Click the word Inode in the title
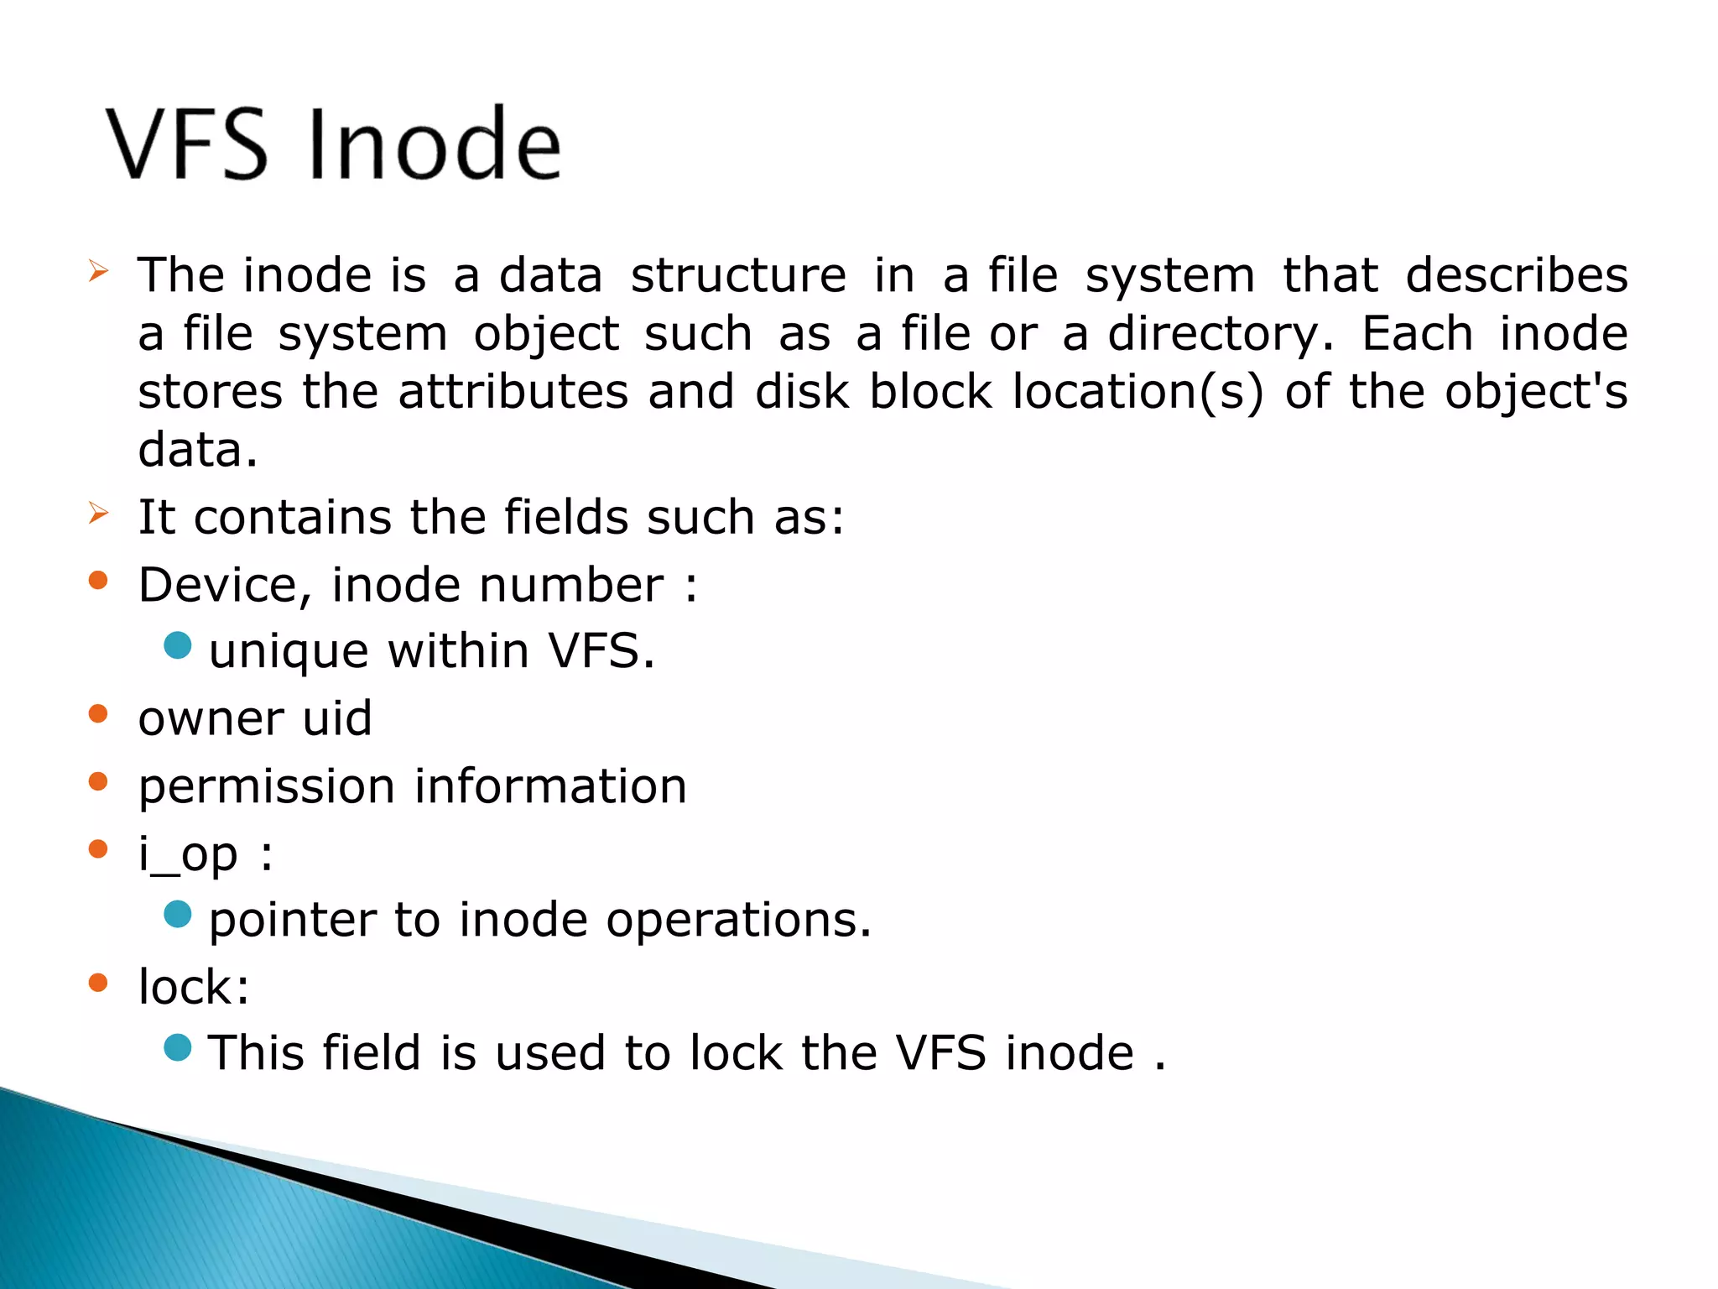point(435,144)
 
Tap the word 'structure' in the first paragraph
point(738,276)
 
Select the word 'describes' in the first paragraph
point(1516,276)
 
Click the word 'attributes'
point(513,392)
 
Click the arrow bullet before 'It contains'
point(98,512)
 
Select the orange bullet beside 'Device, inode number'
point(98,580)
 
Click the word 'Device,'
point(225,586)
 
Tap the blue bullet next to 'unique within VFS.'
point(178,645)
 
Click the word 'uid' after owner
point(337,718)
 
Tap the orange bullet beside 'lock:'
point(98,982)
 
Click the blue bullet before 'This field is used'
point(178,1047)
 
